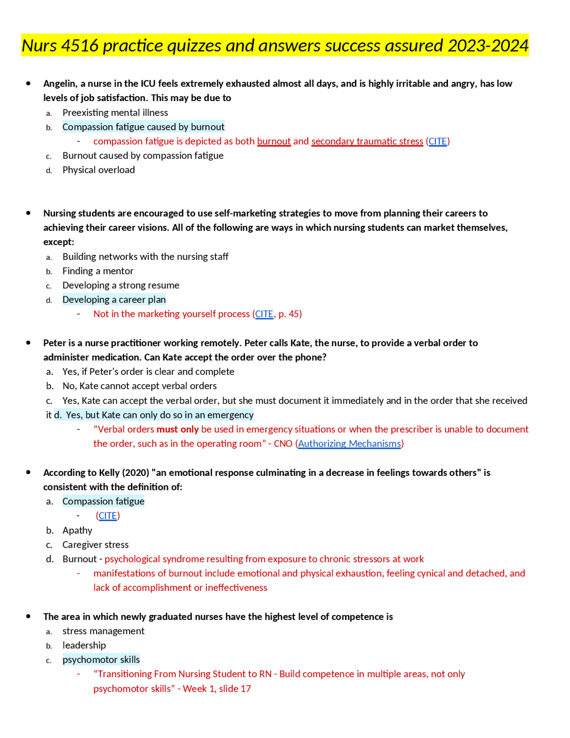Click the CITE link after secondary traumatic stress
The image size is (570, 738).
pyautogui.click(x=437, y=141)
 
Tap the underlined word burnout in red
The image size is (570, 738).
pyautogui.click(x=273, y=141)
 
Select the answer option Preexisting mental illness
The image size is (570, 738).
pyautogui.click(x=115, y=113)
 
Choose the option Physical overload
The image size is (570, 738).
pyautogui.click(x=98, y=170)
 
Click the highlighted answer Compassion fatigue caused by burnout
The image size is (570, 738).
pyautogui.click(x=143, y=127)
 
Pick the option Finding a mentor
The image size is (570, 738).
pyautogui.click(x=98, y=271)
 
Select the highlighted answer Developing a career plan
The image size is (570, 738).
pyautogui.click(x=114, y=299)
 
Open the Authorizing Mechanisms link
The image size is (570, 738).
pyautogui.click(x=349, y=443)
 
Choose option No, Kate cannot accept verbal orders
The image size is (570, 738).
pyautogui.click(x=139, y=386)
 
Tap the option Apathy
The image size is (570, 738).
pyautogui.click(x=77, y=530)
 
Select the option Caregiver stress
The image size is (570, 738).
pyautogui.click(x=95, y=545)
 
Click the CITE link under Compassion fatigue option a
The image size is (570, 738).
pyautogui.click(x=107, y=516)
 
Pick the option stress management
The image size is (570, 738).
pyautogui.click(x=103, y=631)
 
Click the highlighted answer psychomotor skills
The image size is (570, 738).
pyautogui.click(x=101, y=660)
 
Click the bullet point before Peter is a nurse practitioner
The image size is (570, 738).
pyautogui.click(x=28, y=343)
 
